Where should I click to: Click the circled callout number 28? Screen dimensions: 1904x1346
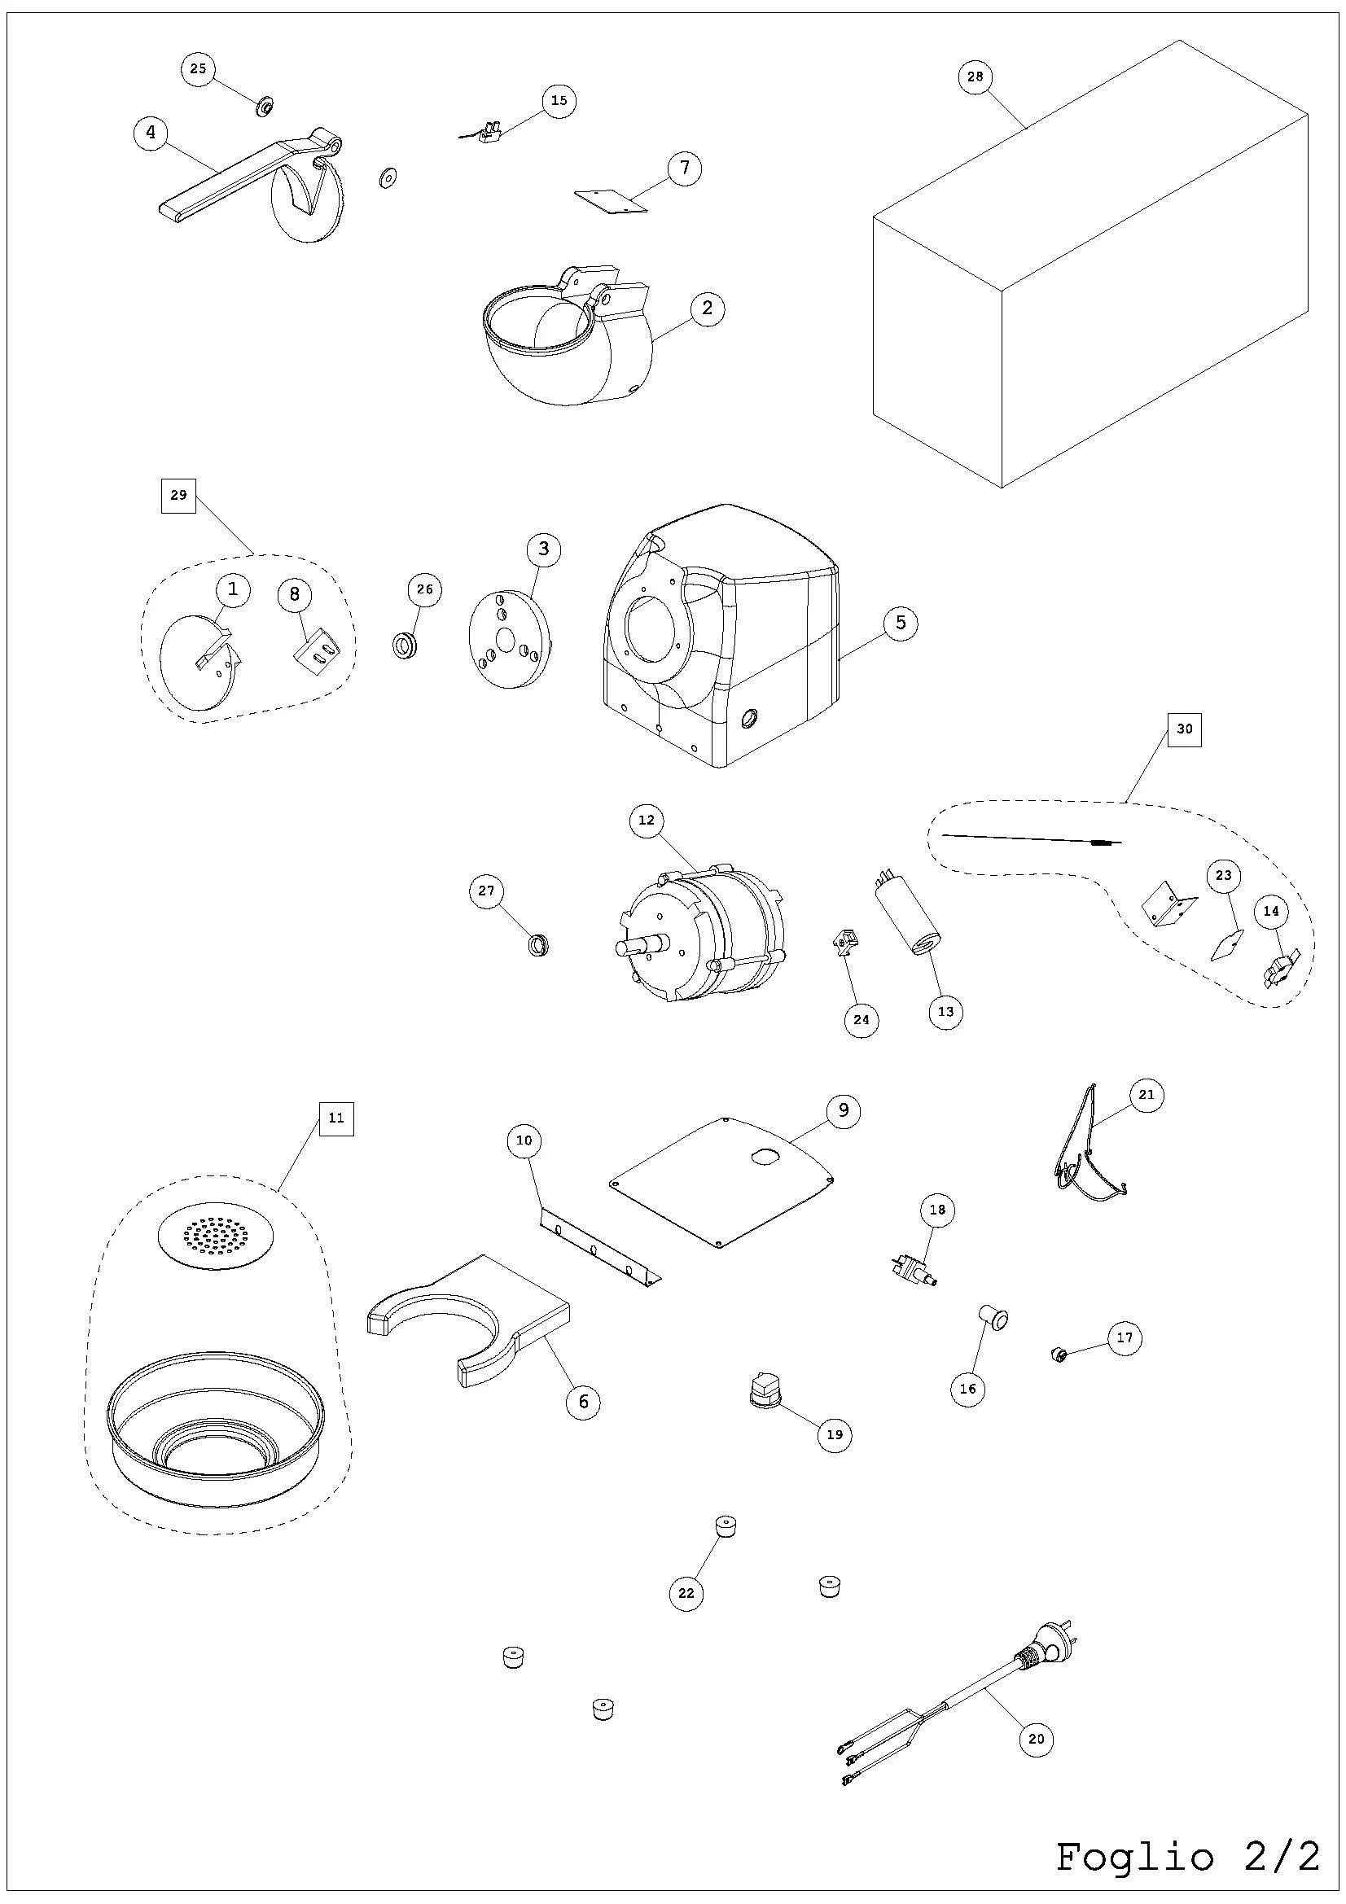[975, 77]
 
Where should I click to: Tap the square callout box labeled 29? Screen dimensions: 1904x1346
[178, 495]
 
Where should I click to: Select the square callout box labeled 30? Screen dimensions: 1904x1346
[1184, 729]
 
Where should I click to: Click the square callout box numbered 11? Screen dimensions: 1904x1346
[335, 1118]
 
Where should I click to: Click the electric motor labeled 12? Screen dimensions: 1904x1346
[701, 933]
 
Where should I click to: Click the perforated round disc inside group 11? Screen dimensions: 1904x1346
[214, 1235]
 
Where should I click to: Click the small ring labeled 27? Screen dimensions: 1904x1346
[539, 943]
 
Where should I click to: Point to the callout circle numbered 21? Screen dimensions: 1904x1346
[1146, 1095]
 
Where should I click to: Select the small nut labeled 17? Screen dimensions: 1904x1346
[1059, 1355]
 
